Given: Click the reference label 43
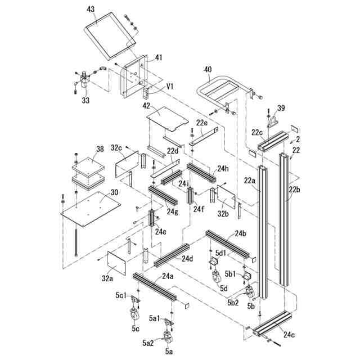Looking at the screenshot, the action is (91, 9).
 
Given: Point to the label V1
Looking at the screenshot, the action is (170, 87).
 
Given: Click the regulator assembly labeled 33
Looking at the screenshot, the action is (84, 79).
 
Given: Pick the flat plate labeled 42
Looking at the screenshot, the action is (168, 119).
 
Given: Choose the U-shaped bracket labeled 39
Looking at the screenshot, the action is (273, 121).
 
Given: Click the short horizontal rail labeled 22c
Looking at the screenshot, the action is (273, 141).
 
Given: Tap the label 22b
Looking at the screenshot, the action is (295, 190).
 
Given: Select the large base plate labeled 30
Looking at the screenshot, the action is (91, 209).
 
